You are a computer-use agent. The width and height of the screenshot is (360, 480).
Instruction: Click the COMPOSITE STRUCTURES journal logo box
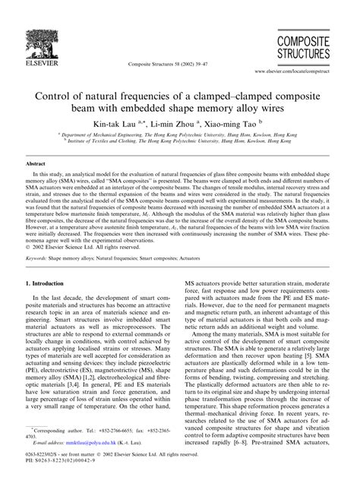pyautogui.click(x=302, y=47)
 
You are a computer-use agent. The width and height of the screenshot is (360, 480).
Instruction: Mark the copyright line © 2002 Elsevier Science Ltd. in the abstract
pyautogui.click(x=78, y=226)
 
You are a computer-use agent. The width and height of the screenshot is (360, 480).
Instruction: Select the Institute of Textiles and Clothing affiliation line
pyautogui.click(x=179, y=141)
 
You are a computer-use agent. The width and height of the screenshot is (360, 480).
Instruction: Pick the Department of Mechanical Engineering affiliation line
pyautogui.click(x=179, y=134)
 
